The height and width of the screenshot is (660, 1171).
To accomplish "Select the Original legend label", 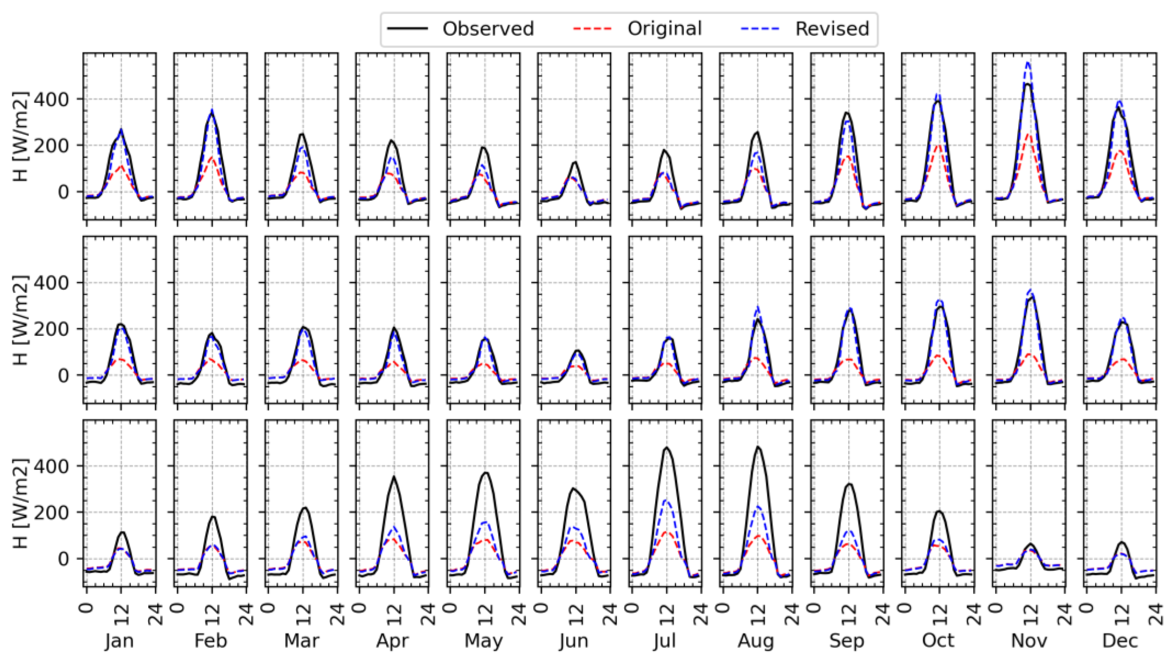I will (665, 29).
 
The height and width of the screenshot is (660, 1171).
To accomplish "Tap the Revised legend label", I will (832, 29).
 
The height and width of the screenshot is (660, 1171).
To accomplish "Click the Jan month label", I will (119, 641).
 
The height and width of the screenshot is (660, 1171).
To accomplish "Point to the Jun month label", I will (574, 641).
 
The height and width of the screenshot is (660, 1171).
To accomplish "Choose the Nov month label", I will (1029, 641).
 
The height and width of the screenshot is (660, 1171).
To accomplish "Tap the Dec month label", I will (1120, 641).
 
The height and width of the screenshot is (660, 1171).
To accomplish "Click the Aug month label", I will (756, 641).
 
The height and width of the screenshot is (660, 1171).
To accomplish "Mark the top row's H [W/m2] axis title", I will (20, 136).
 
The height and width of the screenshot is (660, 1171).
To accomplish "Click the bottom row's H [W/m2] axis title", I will (20, 504).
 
